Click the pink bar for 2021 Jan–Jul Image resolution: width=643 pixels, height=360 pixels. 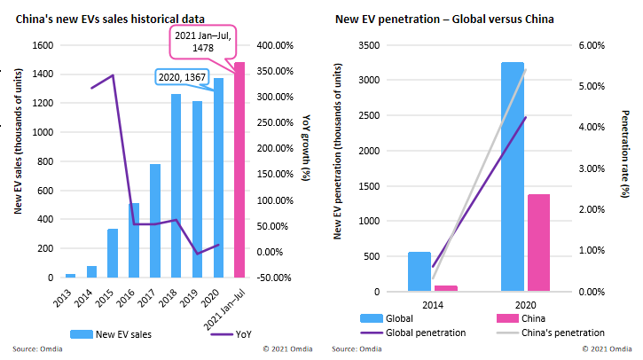[239, 169]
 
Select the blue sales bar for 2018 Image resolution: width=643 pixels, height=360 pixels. [176, 185]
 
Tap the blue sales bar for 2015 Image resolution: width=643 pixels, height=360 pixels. [113, 253]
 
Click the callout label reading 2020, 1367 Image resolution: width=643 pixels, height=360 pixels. [182, 77]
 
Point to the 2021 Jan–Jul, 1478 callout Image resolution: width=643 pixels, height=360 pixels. [203, 42]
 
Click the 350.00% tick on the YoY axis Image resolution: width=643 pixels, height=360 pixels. [275, 71]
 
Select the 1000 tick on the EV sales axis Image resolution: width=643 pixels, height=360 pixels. [43, 132]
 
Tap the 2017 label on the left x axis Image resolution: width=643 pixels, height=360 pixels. [146, 298]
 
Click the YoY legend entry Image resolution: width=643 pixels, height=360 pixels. [231, 334]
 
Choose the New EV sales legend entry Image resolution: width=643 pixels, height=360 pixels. [111, 334]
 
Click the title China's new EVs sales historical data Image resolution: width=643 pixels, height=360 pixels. [110, 20]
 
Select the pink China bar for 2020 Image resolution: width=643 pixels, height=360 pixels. [539, 243]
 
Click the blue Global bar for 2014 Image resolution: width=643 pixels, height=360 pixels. [420, 272]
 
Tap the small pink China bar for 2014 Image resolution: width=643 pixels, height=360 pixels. [446, 289]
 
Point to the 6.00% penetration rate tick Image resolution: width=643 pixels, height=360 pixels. [592, 45]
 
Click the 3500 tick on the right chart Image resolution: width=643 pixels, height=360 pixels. [369, 45]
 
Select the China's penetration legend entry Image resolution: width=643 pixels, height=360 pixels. [551, 333]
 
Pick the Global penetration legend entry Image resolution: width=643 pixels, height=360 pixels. [413, 333]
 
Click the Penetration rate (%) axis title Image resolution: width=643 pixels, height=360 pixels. [625, 153]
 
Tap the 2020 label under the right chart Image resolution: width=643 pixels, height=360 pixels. [526, 305]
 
